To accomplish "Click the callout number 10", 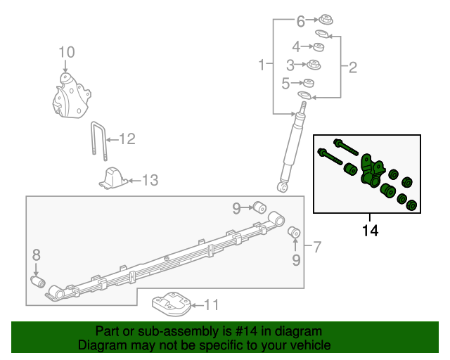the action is point(67,52).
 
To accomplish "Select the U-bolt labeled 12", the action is point(99,141).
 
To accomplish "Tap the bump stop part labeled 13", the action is point(113,179).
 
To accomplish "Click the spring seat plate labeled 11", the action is point(172,304).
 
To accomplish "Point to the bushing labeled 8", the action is point(38,282).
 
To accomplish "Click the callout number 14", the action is point(371,231).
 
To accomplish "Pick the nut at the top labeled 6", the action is point(326,19).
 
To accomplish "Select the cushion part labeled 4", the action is point(319,47).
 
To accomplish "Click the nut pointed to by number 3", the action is point(314,65).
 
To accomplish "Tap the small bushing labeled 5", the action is point(309,83).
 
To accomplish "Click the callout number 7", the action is point(316,247).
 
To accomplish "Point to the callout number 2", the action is point(353,67).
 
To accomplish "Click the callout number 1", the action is point(262,65).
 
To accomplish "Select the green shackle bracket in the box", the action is point(371,172).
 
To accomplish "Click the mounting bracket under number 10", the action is point(72,96).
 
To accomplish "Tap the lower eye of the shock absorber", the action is point(283,187).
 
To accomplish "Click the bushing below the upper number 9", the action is point(259,207).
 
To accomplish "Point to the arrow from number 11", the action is point(198,305).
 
